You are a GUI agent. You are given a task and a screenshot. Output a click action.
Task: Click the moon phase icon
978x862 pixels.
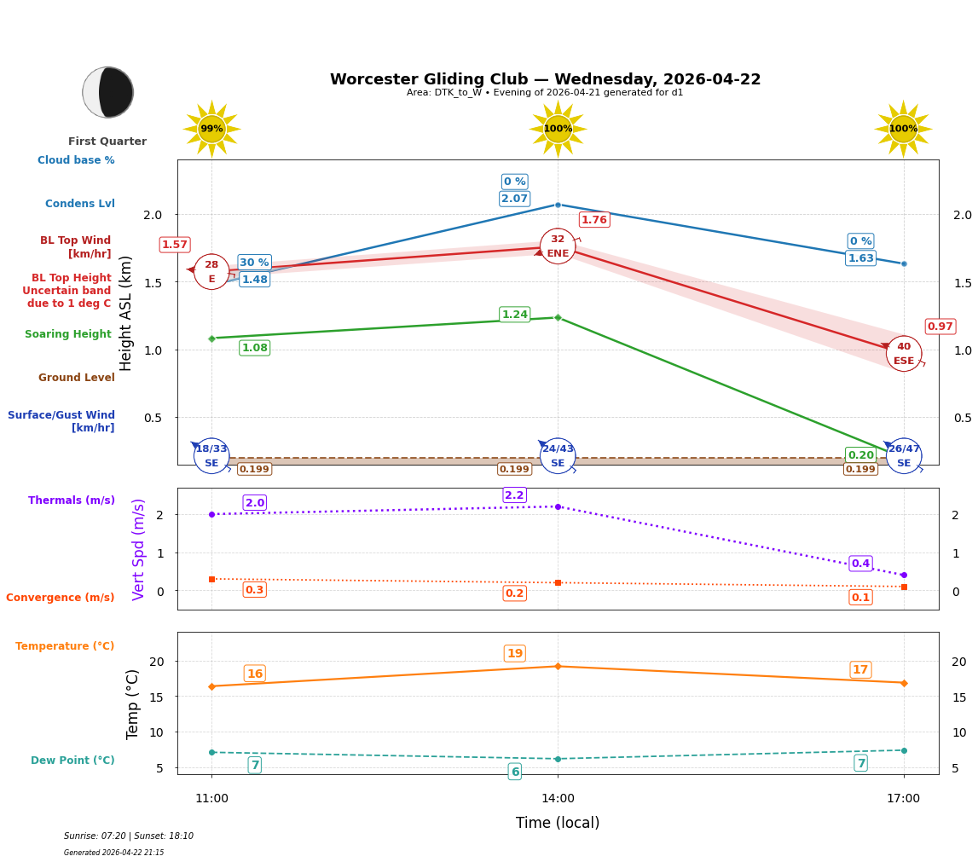click(108, 92)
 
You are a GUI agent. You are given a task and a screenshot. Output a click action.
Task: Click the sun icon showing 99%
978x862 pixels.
click(211, 129)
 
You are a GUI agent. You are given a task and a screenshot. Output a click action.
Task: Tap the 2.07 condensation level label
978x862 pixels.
click(514, 199)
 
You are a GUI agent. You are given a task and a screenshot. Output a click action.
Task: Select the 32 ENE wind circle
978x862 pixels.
click(558, 246)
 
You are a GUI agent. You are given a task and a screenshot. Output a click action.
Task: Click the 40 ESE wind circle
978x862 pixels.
click(904, 353)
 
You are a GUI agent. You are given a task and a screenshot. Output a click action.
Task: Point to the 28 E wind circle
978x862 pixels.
click(211, 272)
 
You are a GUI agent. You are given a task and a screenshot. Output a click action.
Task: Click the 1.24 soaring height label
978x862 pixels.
click(514, 315)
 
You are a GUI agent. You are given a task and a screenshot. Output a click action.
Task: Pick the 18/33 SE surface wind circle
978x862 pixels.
click(211, 455)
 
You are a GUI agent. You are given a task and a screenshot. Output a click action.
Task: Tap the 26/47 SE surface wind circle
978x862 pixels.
click(904, 455)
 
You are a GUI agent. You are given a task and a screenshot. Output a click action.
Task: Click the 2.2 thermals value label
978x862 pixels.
click(514, 495)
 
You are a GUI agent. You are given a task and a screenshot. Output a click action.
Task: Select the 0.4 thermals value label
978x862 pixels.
click(860, 564)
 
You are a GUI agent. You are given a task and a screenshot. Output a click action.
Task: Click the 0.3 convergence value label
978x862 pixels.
click(254, 590)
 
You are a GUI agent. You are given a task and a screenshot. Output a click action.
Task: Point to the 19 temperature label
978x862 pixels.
click(514, 654)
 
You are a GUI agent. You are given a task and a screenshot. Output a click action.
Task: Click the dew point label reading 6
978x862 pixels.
click(514, 772)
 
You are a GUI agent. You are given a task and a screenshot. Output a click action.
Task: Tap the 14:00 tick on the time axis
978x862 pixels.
click(558, 798)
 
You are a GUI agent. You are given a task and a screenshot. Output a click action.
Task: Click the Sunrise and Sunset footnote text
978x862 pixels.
click(129, 836)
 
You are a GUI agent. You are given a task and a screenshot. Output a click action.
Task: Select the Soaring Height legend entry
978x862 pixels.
click(68, 334)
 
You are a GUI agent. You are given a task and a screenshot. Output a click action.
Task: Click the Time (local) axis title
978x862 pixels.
click(558, 823)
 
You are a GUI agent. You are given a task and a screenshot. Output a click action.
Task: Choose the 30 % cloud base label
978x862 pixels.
click(254, 263)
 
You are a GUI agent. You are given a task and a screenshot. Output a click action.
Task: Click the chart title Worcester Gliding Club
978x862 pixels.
click(545, 79)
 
